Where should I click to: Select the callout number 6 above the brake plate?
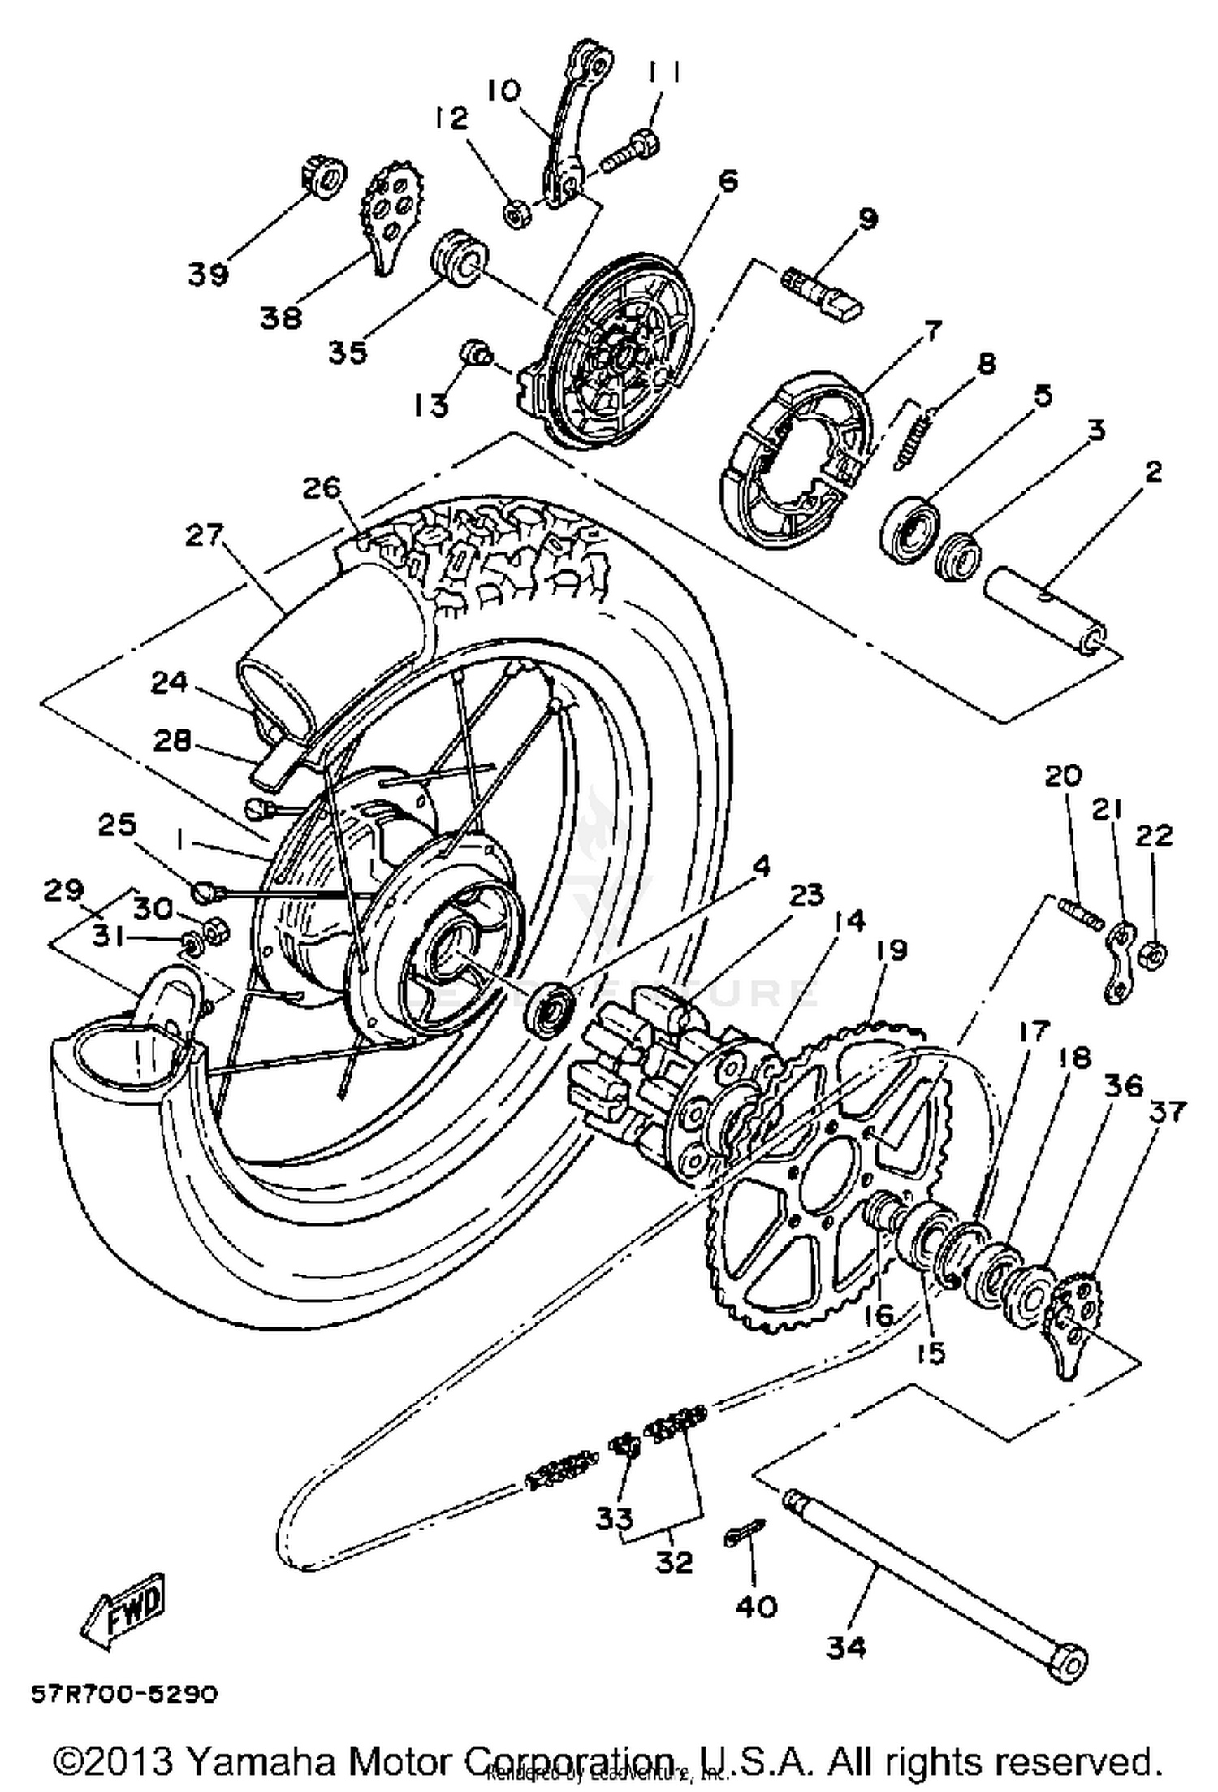(728, 180)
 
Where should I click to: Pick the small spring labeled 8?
(915, 439)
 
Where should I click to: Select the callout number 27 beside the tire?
(204, 537)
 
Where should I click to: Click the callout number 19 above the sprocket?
(891, 950)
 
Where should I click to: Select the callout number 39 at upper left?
(209, 274)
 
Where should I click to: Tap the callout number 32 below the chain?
(674, 1560)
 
